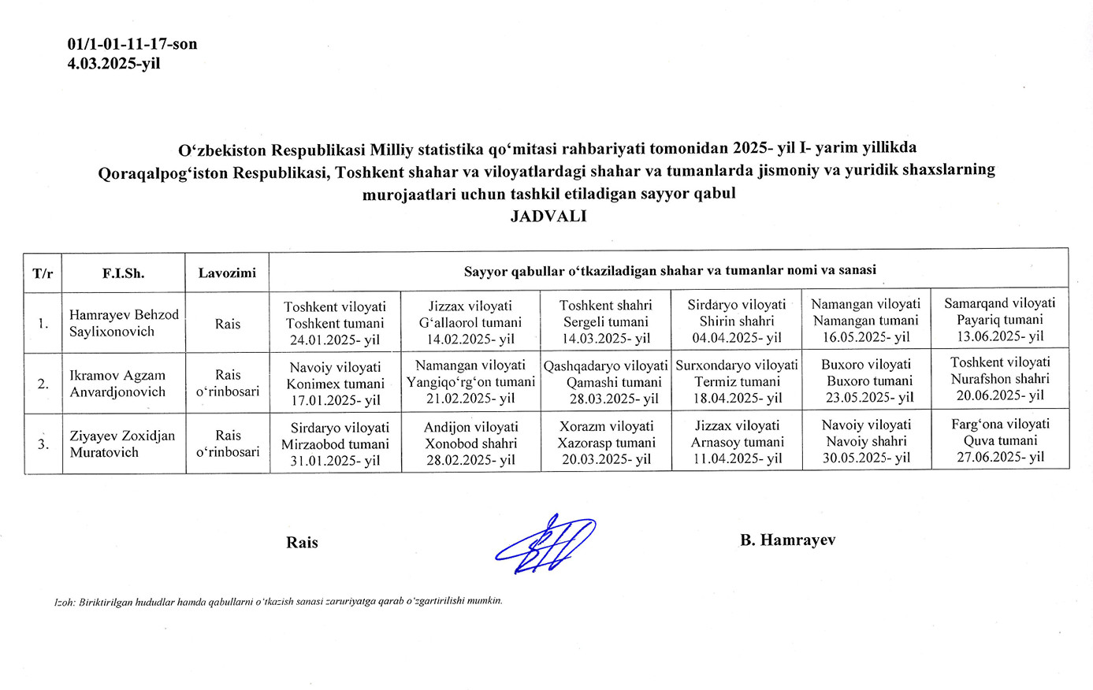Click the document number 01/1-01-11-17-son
point(132,44)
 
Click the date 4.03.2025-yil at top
point(113,64)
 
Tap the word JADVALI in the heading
point(548,216)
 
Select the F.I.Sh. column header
point(123,273)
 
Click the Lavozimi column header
point(227,273)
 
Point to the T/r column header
point(43,273)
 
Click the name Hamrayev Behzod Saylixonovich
point(124,323)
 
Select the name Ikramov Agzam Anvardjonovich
point(118,384)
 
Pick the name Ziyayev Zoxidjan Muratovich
point(122,443)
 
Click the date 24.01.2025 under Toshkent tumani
point(335,339)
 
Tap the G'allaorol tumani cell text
point(470,322)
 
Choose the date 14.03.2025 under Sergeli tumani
point(605,338)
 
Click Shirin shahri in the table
point(737,321)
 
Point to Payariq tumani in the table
point(999,319)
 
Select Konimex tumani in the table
point(335,384)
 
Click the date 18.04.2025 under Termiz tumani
point(737,399)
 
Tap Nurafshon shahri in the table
point(999,379)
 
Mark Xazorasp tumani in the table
point(606,443)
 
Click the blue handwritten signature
point(545,543)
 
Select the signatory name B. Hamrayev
point(787,540)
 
